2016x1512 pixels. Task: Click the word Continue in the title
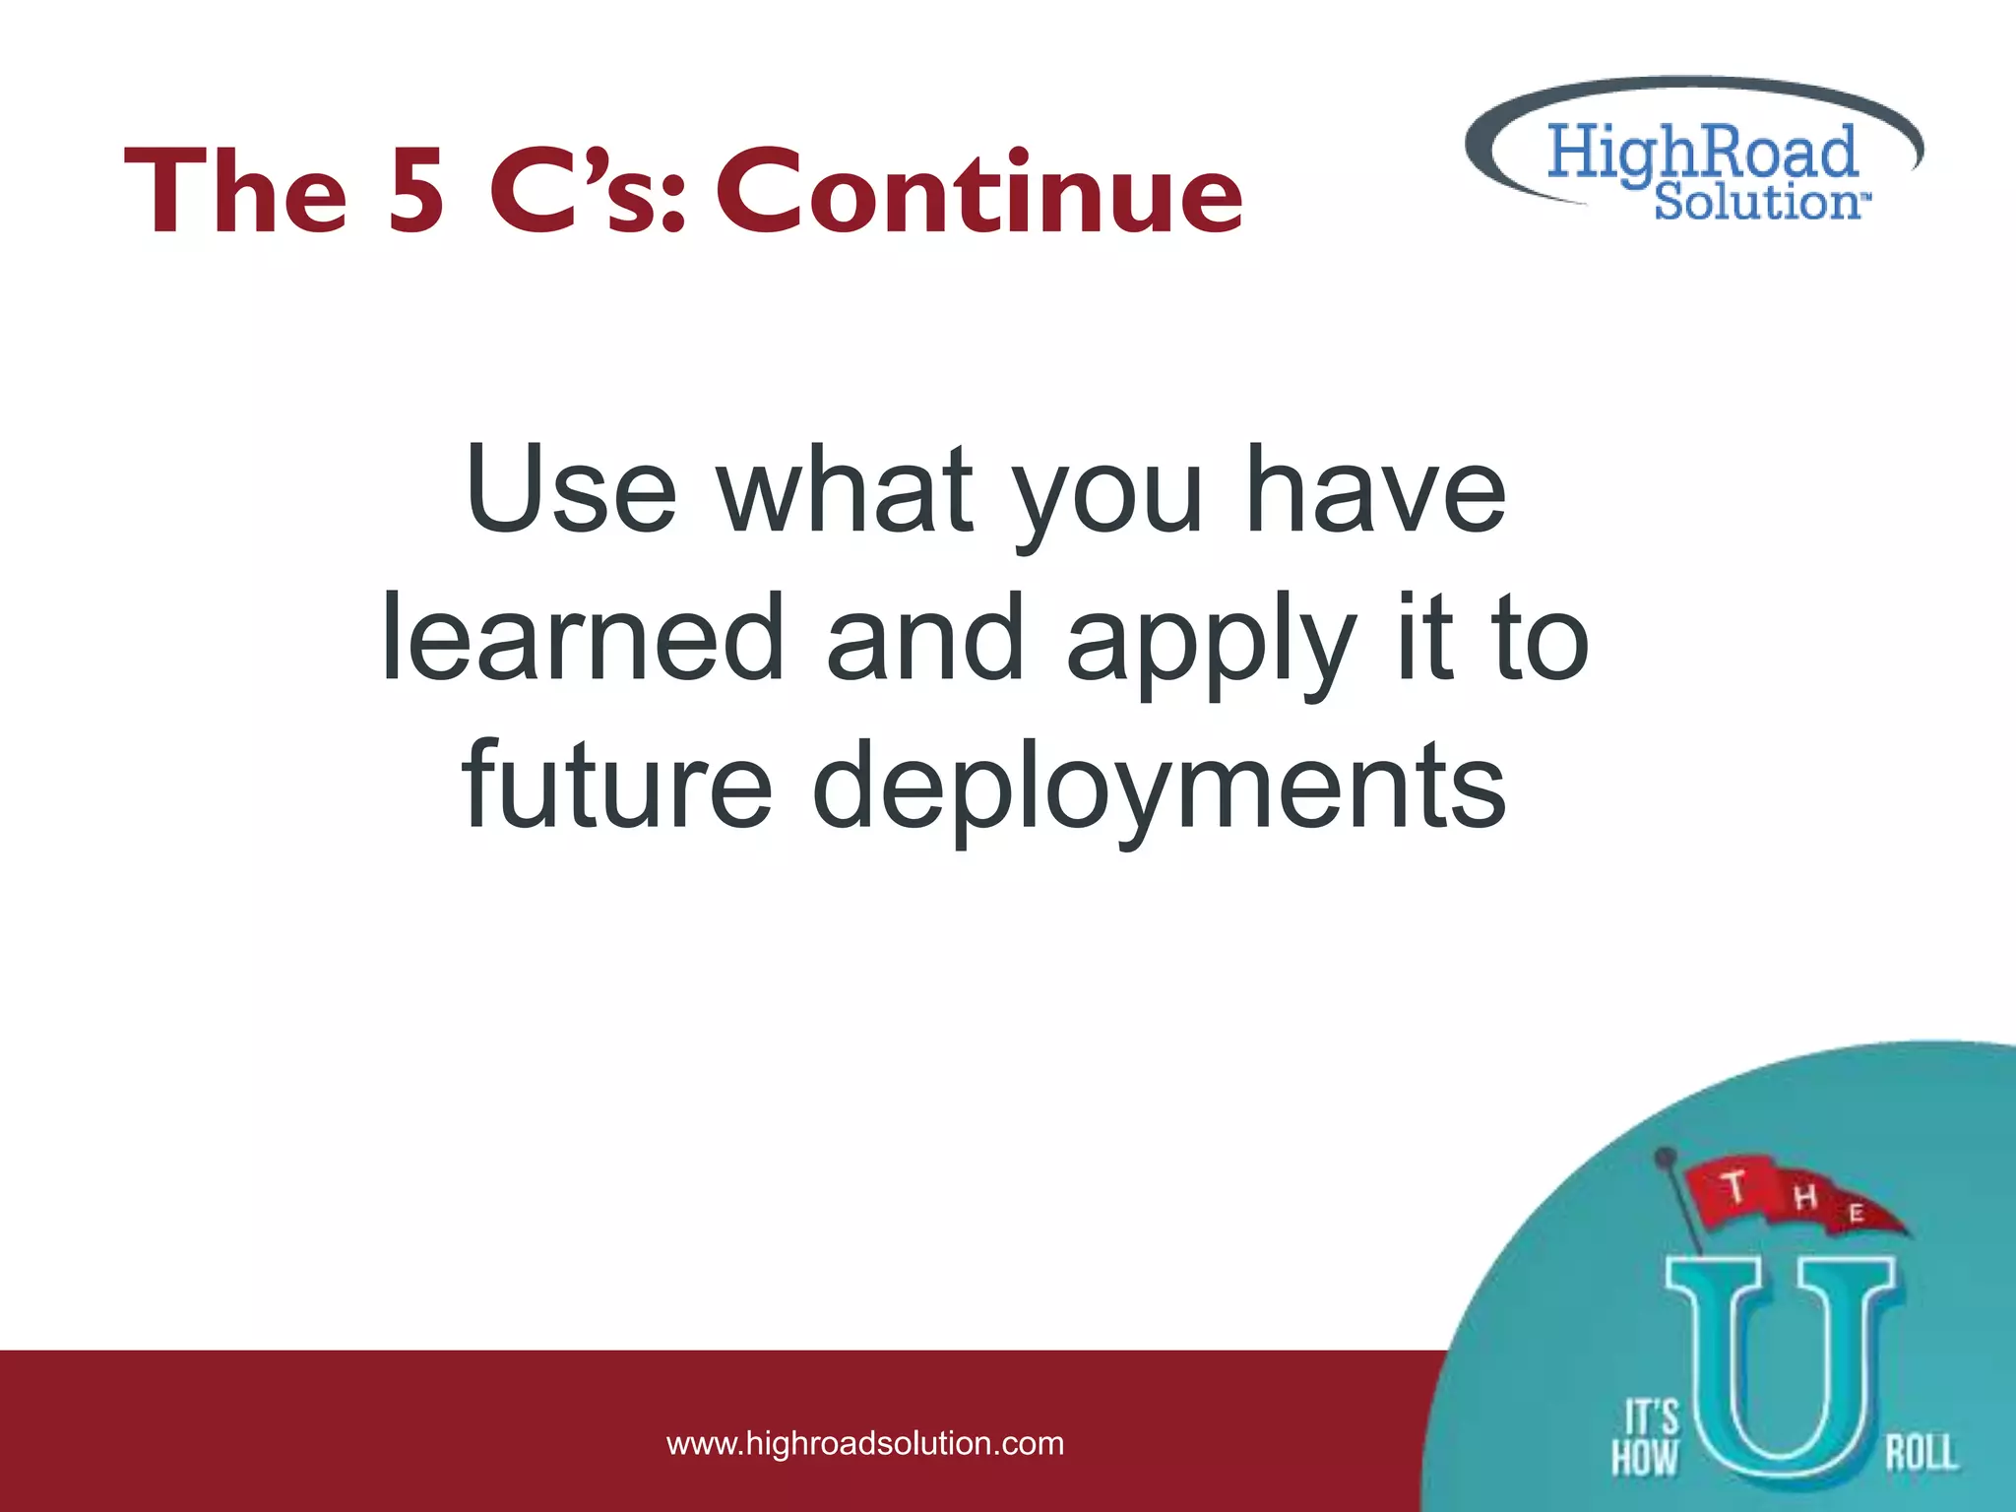coord(979,192)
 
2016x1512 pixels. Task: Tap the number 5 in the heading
coord(415,192)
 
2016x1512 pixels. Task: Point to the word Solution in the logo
coord(1756,202)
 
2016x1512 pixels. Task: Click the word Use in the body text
coord(571,489)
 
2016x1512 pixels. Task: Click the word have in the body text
coord(1376,489)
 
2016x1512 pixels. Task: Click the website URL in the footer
coord(865,1444)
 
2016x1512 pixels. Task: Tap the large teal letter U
coord(1780,1378)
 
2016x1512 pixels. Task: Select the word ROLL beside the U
coord(1921,1453)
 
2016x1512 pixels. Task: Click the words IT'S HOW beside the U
coord(1645,1438)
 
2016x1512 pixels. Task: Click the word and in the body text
coord(925,638)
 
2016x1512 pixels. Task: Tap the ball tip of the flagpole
coord(1666,1155)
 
